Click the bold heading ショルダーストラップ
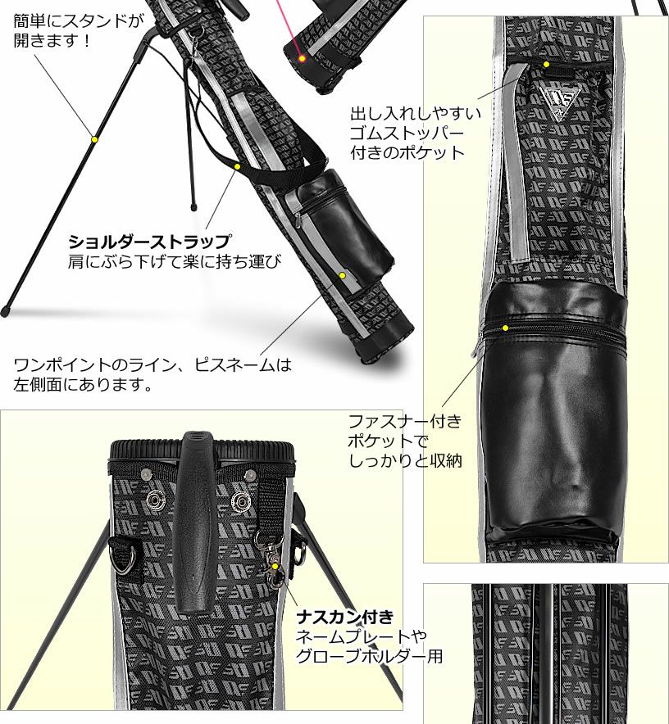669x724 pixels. point(149,241)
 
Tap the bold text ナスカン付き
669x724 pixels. point(345,617)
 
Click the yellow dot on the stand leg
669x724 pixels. point(94,139)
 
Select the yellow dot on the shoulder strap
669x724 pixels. point(237,167)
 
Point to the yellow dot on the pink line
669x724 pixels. point(302,59)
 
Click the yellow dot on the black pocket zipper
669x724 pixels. point(505,328)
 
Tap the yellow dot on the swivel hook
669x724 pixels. point(275,567)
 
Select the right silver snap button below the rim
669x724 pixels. point(239,500)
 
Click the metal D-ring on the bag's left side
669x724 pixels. point(125,559)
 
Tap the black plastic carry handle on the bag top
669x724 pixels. point(194,522)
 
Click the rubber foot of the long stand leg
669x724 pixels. point(5,310)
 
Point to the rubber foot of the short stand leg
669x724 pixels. point(193,206)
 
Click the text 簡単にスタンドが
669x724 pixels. point(79,20)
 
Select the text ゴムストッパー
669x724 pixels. point(407,133)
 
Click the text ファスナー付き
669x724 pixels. point(405,421)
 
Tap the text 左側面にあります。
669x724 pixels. point(84,384)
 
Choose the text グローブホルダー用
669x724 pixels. point(369,656)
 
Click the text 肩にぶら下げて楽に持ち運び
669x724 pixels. point(175,262)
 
